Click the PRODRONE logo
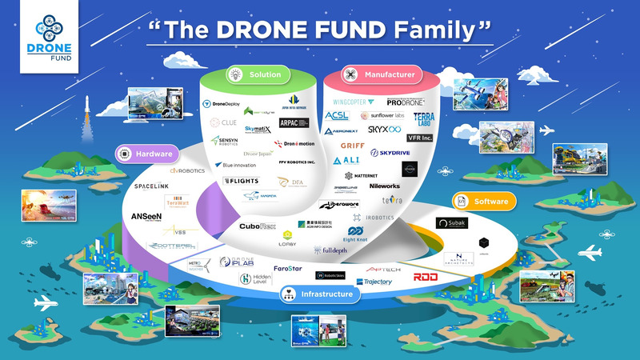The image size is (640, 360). pos(410,102)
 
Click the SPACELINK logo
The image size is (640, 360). pos(151,186)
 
